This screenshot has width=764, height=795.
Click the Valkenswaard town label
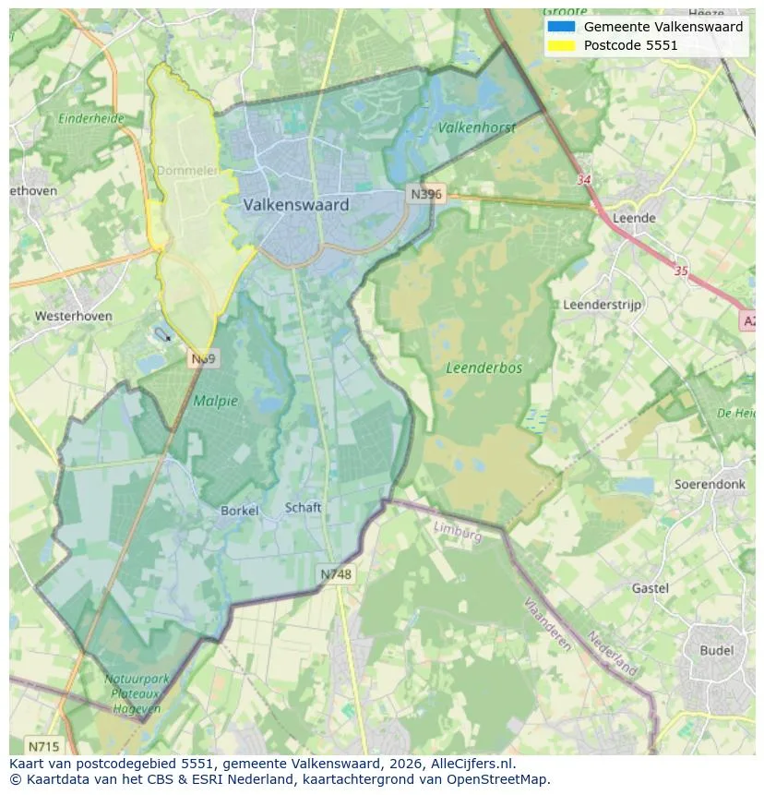coord(296,205)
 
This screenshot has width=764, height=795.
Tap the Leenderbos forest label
coord(483,367)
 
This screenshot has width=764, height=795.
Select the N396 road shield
coord(425,194)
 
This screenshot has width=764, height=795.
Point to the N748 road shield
coord(336,574)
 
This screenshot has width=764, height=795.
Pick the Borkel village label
coord(239,511)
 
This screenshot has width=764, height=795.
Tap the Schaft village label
coord(303,507)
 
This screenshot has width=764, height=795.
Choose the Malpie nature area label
coord(215,401)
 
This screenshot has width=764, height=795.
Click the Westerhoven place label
coord(74,316)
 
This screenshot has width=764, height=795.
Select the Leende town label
coord(634,218)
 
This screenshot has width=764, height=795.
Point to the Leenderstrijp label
coord(602,305)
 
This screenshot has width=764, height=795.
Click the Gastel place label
coord(651,588)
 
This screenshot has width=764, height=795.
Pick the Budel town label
coord(716,650)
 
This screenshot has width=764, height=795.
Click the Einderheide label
coord(90,118)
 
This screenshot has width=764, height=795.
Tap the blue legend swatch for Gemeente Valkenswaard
coord(560,27)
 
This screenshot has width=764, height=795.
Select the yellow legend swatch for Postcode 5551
coord(560,45)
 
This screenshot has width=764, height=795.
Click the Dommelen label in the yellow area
coord(187,171)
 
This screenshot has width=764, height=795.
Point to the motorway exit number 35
coord(682,271)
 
